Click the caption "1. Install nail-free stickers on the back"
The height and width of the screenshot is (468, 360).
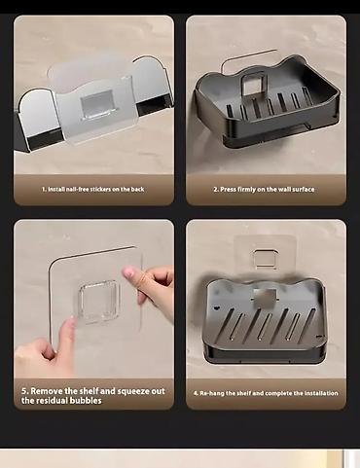93,189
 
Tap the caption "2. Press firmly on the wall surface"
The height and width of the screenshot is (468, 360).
264,189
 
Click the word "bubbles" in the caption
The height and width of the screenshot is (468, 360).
86,401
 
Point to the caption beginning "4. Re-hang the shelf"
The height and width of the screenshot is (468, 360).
266,393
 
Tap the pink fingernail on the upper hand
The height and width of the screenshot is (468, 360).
129,272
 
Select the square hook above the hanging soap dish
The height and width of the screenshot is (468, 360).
266,259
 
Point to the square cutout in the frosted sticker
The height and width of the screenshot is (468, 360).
97,102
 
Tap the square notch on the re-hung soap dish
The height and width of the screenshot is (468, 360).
265,296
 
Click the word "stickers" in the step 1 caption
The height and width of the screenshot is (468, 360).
100,189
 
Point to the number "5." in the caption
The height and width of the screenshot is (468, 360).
25,391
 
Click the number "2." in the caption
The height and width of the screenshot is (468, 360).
216,189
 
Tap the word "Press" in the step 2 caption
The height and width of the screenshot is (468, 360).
228,189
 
